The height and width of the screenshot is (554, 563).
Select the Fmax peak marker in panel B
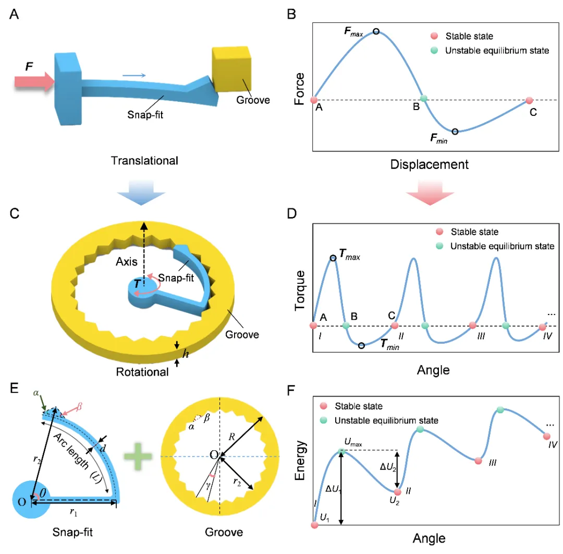click(x=376, y=31)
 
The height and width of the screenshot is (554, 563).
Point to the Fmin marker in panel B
click(x=455, y=131)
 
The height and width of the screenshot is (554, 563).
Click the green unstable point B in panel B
click(x=424, y=98)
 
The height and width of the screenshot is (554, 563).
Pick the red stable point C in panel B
click(x=530, y=100)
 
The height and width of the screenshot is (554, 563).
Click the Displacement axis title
click(x=429, y=165)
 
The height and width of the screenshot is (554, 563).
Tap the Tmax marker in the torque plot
click(x=333, y=258)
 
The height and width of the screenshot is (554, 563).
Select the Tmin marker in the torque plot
click(x=361, y=345)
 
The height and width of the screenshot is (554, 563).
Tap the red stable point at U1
click(x=314, y=525)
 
